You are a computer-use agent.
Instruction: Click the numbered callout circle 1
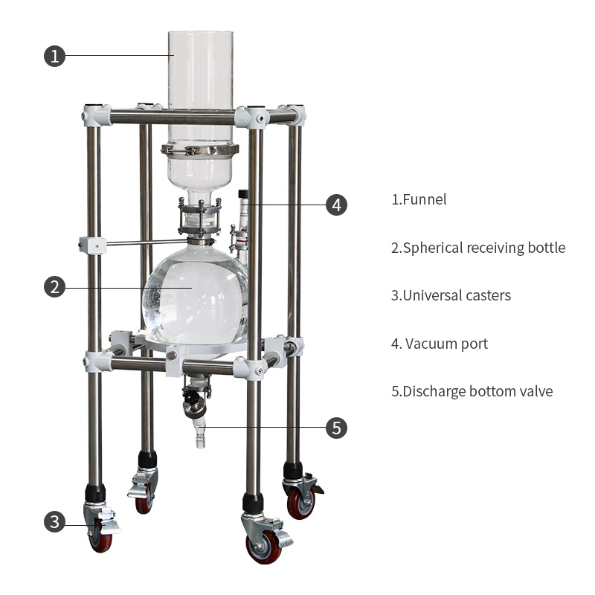(54, 56)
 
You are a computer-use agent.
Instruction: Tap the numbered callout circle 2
(54, 286)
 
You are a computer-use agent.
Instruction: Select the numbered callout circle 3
(54, 521)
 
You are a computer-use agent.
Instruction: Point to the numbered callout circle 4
(337, 205)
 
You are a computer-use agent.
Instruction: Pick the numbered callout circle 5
(337, 428)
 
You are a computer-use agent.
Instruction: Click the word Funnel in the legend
(425, 199)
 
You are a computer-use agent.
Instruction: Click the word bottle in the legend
(547, 248)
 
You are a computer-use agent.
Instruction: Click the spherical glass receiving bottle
(195, 296)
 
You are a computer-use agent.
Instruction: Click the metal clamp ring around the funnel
(200, 149)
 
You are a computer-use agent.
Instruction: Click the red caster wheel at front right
(264, 547)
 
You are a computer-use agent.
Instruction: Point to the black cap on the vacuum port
(243, 195)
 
